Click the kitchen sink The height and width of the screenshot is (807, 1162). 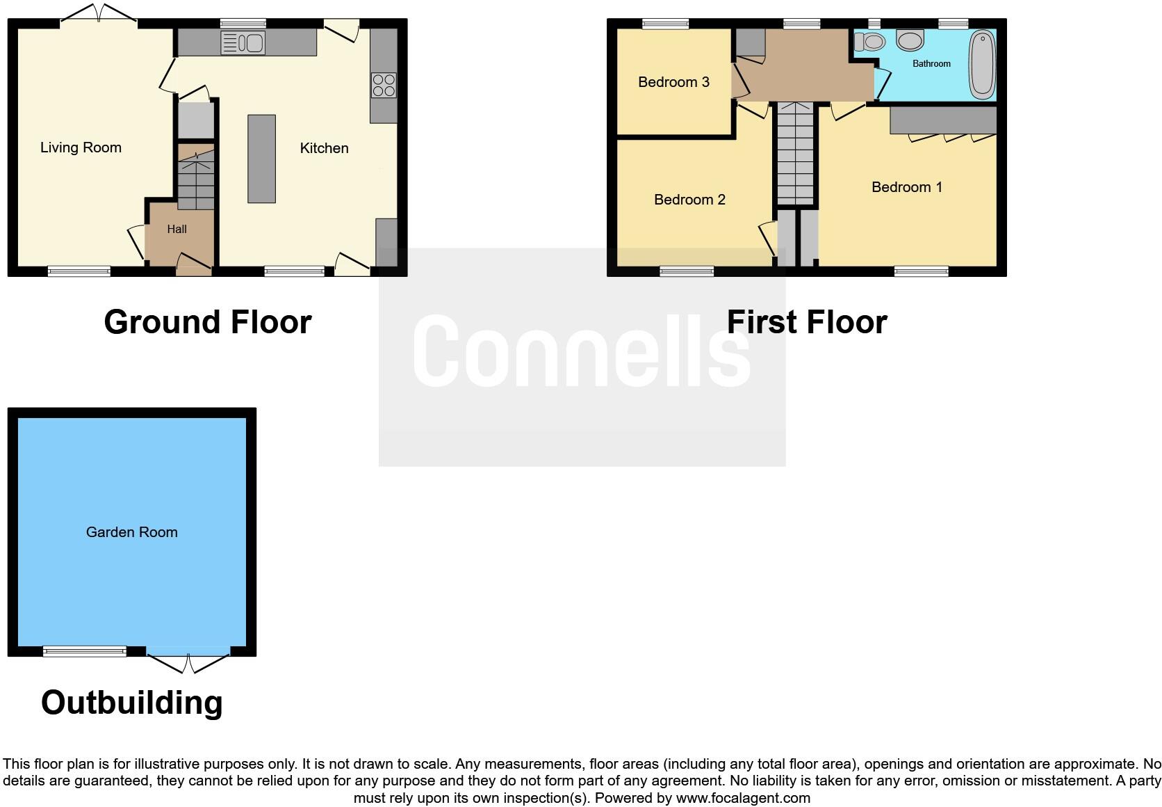click(243, 43)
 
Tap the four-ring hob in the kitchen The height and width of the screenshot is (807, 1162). click(384, 86)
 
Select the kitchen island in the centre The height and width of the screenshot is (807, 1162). click(261, 159)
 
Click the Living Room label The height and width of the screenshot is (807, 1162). click(81, 147)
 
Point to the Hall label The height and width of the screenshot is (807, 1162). click(177, 229)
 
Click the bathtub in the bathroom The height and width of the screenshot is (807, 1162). click(981, 63)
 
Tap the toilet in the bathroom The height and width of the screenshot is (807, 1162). click(869, 42)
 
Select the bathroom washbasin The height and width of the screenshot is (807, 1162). click(910, 40)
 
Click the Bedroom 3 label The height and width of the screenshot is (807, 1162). click(673, 82)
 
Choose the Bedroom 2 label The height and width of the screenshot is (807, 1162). click(689, 200)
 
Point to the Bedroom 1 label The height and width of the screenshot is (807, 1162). click(906, 187)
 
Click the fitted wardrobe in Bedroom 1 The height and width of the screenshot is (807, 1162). click(943, 120)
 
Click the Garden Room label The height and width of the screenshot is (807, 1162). click(132, 532)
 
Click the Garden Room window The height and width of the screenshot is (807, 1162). click(85, 651)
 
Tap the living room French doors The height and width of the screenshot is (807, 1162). click(98, 15)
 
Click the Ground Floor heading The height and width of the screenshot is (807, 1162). click(208, 322)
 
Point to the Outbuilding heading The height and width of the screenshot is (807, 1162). click(132, 703)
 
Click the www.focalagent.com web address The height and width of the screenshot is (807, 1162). click(743, 798)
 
